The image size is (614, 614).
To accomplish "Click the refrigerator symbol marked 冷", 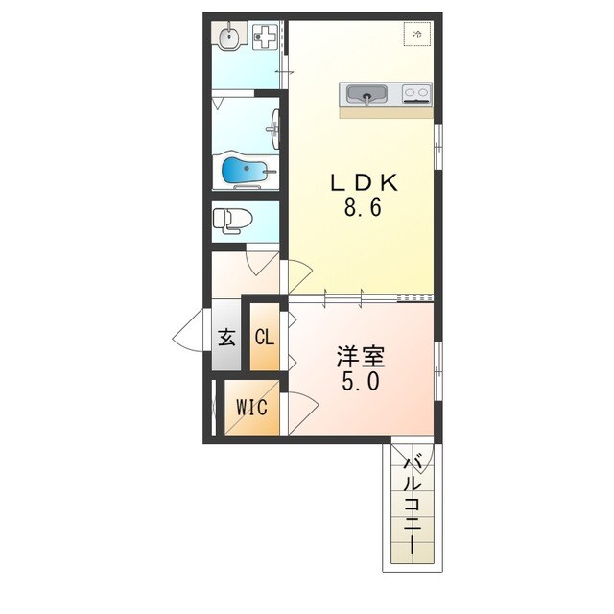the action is point(417,35).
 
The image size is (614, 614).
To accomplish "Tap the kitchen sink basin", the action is point(366,94).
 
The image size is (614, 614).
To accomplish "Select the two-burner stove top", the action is point(416,94).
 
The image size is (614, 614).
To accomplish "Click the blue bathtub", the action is point(245,170).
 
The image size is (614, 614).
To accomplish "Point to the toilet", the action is point(232,221).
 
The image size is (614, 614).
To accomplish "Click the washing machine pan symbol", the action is point(265,36).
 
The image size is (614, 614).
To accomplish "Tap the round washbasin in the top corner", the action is point(228,37).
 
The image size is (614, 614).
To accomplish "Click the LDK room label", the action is point(365,182).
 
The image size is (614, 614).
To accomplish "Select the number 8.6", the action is point(363,207).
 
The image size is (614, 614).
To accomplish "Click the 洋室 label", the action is point(361,356).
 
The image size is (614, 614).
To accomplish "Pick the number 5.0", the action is point(361,381).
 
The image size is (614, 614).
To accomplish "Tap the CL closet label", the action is point(265,337).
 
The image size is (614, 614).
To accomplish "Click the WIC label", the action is point(251,407).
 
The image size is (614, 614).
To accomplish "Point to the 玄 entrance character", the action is point(226,337).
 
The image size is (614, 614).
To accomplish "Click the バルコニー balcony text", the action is point(413,504).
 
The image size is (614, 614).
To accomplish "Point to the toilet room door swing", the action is point(261,263).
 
